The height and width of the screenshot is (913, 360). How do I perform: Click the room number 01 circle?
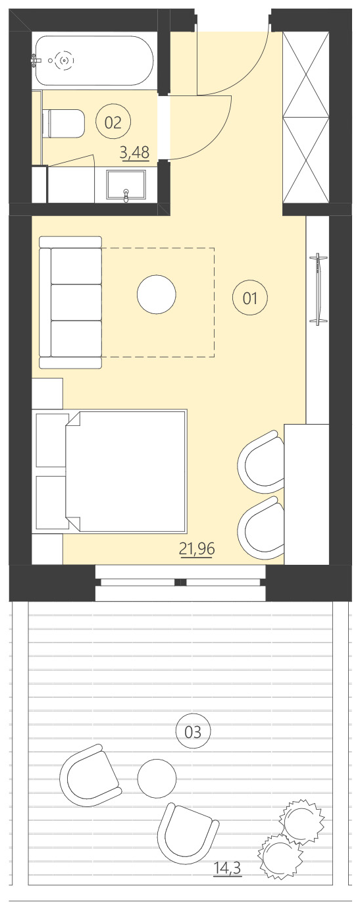[x=250, y=298]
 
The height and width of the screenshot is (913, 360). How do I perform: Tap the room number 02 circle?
[x=113, y=122]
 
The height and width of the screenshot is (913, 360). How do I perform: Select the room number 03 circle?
[x=193, y=731]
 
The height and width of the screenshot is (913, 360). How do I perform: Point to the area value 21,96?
[x=197, y=548]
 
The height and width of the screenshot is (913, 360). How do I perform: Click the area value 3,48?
[x=134, y=153]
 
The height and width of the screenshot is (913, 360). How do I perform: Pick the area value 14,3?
[x=227, y=869]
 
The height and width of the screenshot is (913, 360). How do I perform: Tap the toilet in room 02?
[x=64, y=124]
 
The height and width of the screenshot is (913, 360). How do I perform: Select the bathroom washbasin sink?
[x=126, y=185]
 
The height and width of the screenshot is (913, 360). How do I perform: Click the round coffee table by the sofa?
[x=157, y=295]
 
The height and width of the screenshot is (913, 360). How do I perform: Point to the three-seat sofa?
[x=70, y=302]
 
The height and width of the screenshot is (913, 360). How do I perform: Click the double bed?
[x=125, y=471]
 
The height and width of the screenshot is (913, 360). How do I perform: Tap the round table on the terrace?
[x=157, y=778]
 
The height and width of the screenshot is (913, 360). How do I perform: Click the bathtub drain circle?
[x=64, y=61]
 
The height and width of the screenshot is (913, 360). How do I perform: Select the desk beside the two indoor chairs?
[x=306, y=494]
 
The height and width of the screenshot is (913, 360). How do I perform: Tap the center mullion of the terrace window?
[x=180, y=582]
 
